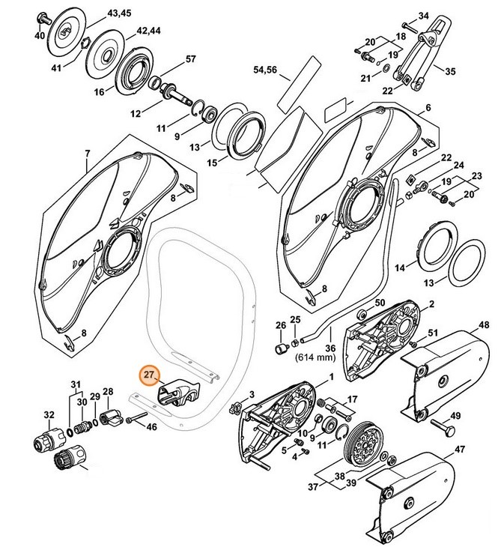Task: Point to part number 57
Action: click(x=191, y=59)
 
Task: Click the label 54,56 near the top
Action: click(x=266, y=69)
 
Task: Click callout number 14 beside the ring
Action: click(x=399, y=268)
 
